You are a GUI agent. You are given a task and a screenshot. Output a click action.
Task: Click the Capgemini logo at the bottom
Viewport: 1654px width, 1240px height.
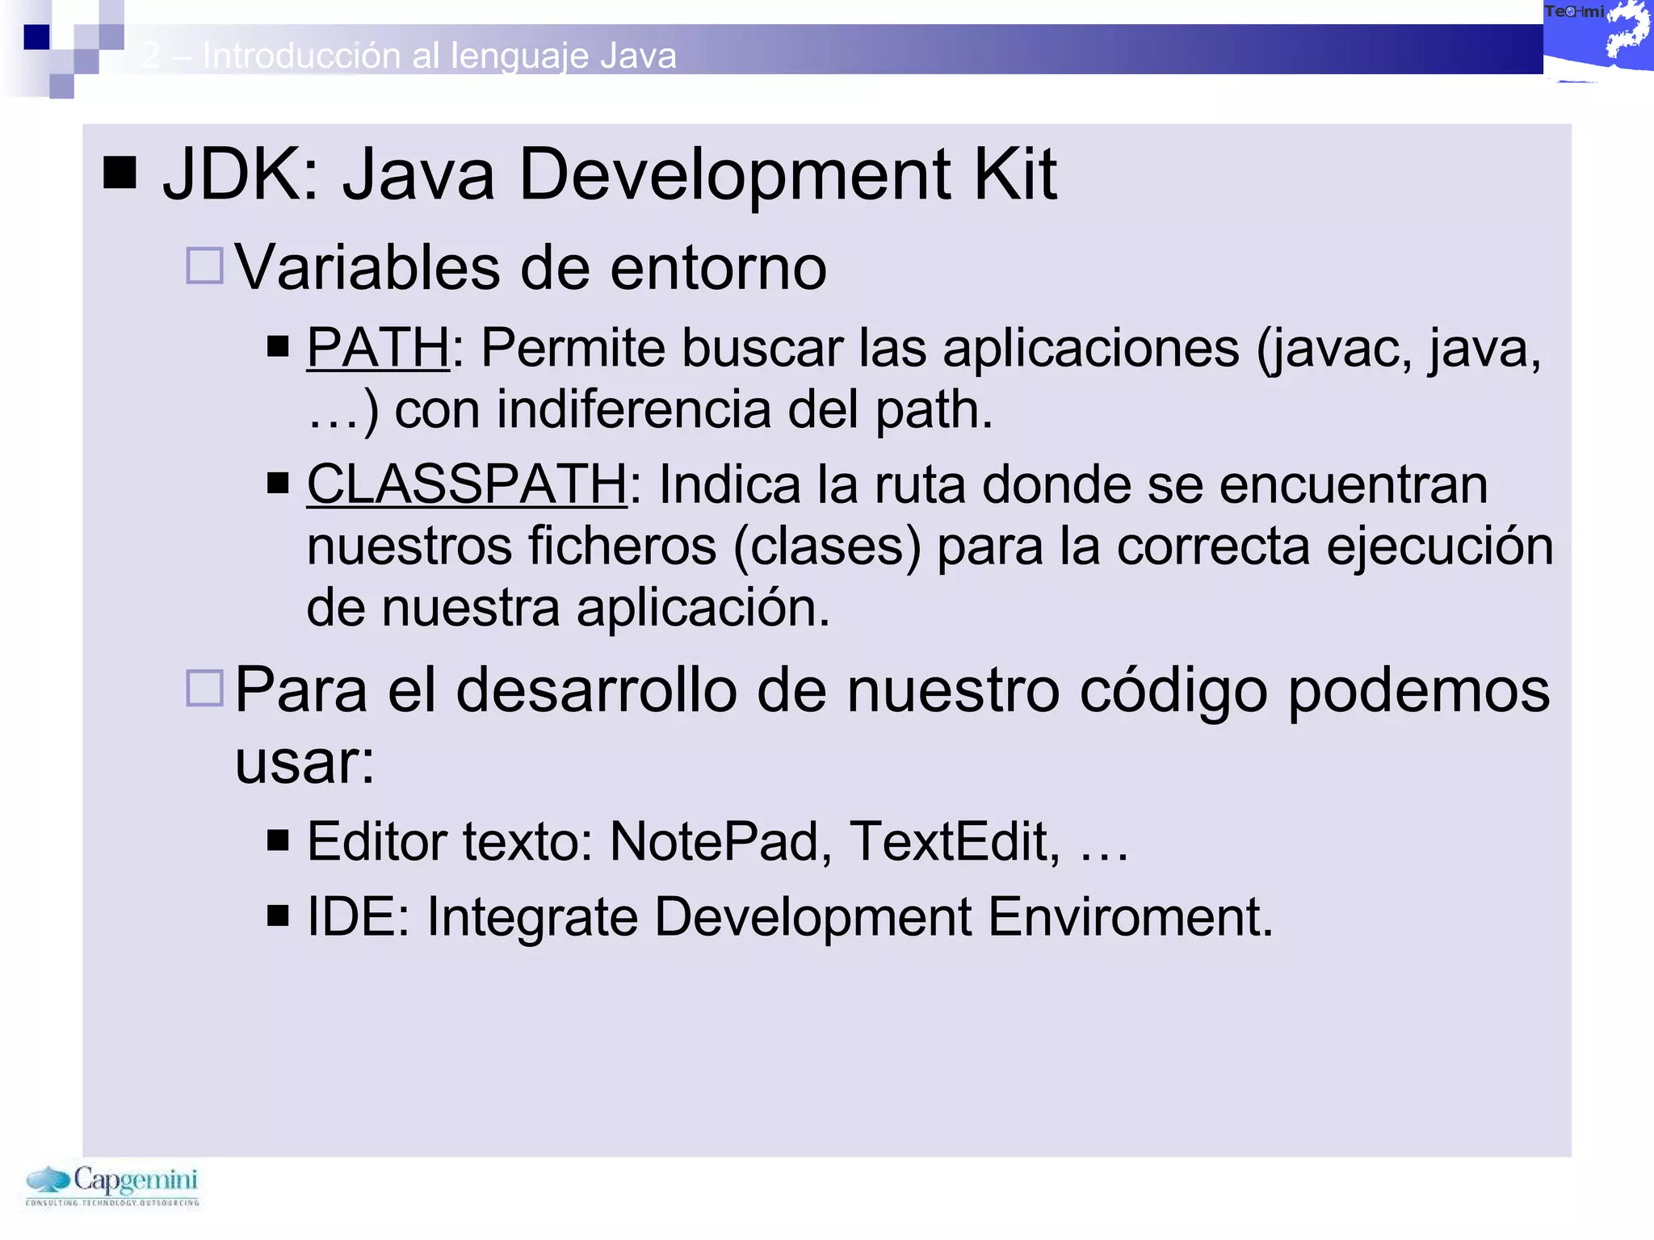[x=112, y=1185]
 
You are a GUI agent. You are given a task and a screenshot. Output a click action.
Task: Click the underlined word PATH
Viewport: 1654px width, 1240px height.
[x=377, y=348]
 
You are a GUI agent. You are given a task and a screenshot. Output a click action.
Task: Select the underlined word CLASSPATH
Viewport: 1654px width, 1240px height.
[x=466, y=484]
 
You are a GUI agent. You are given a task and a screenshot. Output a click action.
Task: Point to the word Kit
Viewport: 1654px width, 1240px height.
[x=1014, y=174]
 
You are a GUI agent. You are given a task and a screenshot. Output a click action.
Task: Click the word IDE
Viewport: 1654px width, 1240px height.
[x=353, y=917]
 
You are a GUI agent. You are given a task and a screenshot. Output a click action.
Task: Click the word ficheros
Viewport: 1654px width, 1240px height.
[x=622, y=546]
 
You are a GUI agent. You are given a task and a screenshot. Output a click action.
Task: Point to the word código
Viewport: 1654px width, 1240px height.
[x=1173, y=691]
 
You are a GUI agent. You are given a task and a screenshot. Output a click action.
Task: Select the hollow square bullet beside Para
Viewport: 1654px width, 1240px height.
[x=204, y=688]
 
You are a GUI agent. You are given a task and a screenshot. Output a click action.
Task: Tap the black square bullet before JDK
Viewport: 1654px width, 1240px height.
[x=120, y=172]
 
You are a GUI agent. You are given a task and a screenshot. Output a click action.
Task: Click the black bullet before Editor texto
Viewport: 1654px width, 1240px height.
[x=278, y=841]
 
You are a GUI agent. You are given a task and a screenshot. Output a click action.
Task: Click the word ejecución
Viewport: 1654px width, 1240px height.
[x=1440, y=546]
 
